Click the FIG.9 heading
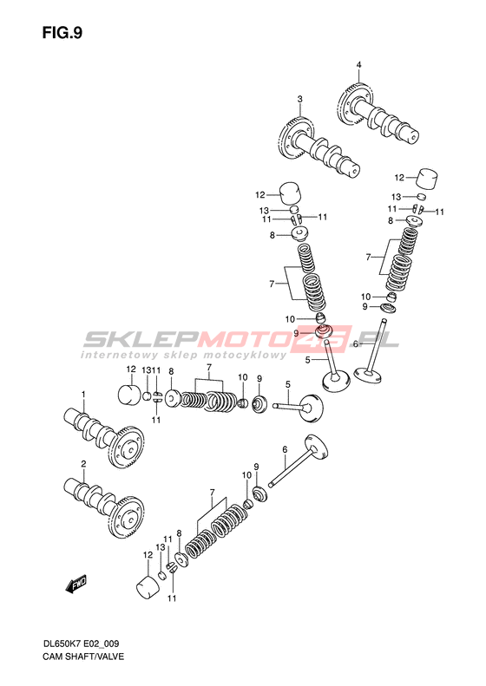pyautogui.click(x=62, y=33)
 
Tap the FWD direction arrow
pyautogui.click(x=76, y=585)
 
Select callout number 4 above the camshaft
pyautogui.click(x=358, y=65)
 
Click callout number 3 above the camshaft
pyautogui.click(x=300, y=100)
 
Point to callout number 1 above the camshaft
pyautogui.click(x=83, y=395)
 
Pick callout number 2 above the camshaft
pyautogui.click(x=83, y=464)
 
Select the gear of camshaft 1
pyautogui.click(x=126, y=448)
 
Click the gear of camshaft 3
pyautogui.click(x=294, y=140)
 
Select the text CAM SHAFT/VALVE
pyautogui.click(x=83, y=657)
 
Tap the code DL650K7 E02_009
pyautogui.click(x=81, y=644)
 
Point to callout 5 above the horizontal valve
pyautogui.click(x=287, y=384)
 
